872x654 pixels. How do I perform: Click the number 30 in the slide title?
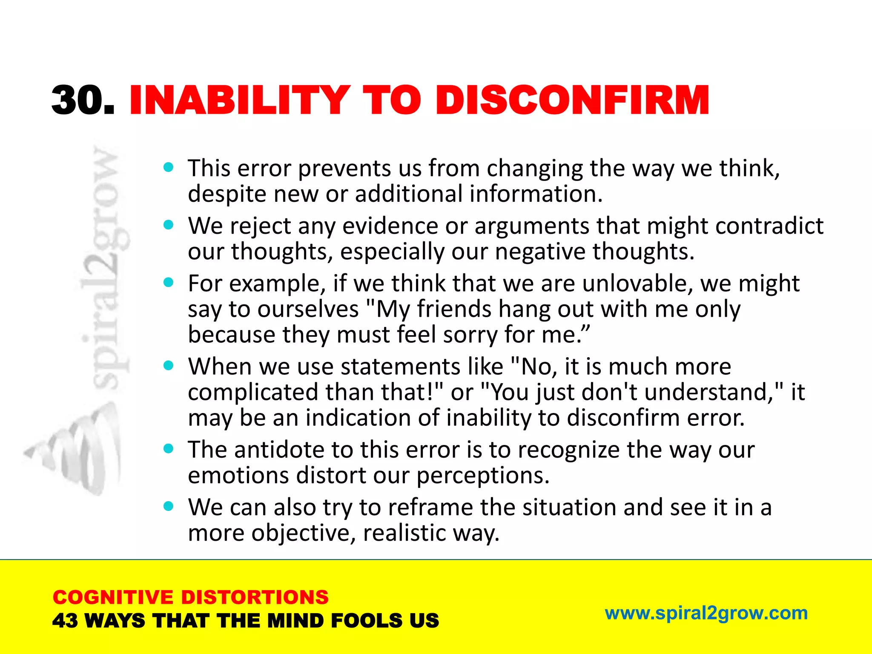77,100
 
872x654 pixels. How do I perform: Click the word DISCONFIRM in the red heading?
572,100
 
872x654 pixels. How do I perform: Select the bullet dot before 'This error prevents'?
169,167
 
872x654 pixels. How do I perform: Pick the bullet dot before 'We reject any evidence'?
169,225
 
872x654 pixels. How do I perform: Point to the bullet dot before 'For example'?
169,282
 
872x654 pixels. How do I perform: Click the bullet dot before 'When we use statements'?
169,365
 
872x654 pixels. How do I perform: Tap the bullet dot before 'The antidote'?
169,448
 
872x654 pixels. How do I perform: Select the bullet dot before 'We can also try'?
169,506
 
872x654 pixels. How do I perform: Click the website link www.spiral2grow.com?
706,613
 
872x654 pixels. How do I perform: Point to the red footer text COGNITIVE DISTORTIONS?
190,597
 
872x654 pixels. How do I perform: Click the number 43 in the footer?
65,621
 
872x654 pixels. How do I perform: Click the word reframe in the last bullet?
430,507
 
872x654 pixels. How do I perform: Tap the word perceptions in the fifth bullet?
483,476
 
